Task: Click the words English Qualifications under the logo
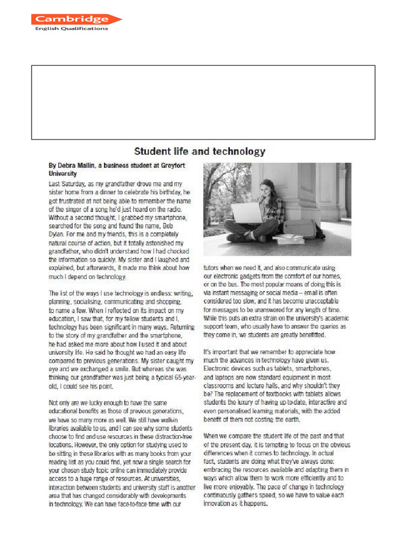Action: (71, 28)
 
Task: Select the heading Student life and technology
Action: (199, 152)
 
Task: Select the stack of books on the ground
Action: (288, 238)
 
